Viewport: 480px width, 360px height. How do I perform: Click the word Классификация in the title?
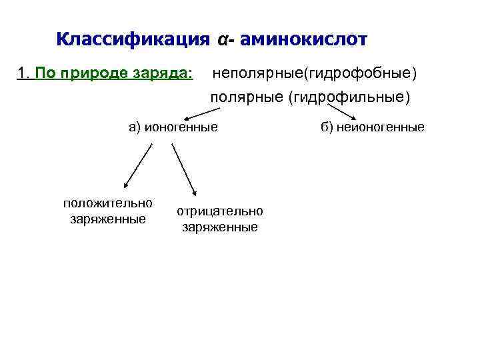coord(134,39)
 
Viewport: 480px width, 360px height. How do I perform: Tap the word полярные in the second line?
coord(247,99)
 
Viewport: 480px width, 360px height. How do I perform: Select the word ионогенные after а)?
coord(183,127)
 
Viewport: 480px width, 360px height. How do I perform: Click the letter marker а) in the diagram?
coord(135,127)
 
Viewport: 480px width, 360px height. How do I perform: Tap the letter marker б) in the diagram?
coord(327,127)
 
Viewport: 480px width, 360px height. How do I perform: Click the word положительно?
coord(107,203)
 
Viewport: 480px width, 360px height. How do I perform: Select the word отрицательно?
coord(220,211)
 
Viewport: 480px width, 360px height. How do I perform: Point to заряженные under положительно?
coord(107,219)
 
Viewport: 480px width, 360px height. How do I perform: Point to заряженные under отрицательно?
coord(220,227)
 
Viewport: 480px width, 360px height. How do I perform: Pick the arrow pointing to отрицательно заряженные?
coord(183,168)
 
